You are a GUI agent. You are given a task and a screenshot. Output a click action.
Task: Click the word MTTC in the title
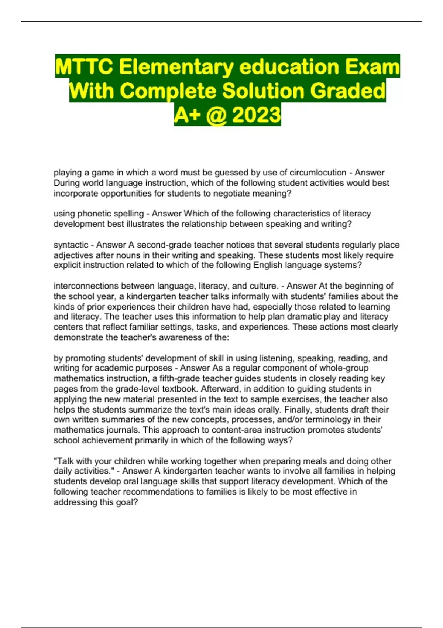point(85,67)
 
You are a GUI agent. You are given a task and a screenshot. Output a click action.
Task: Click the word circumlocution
point(318,173)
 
